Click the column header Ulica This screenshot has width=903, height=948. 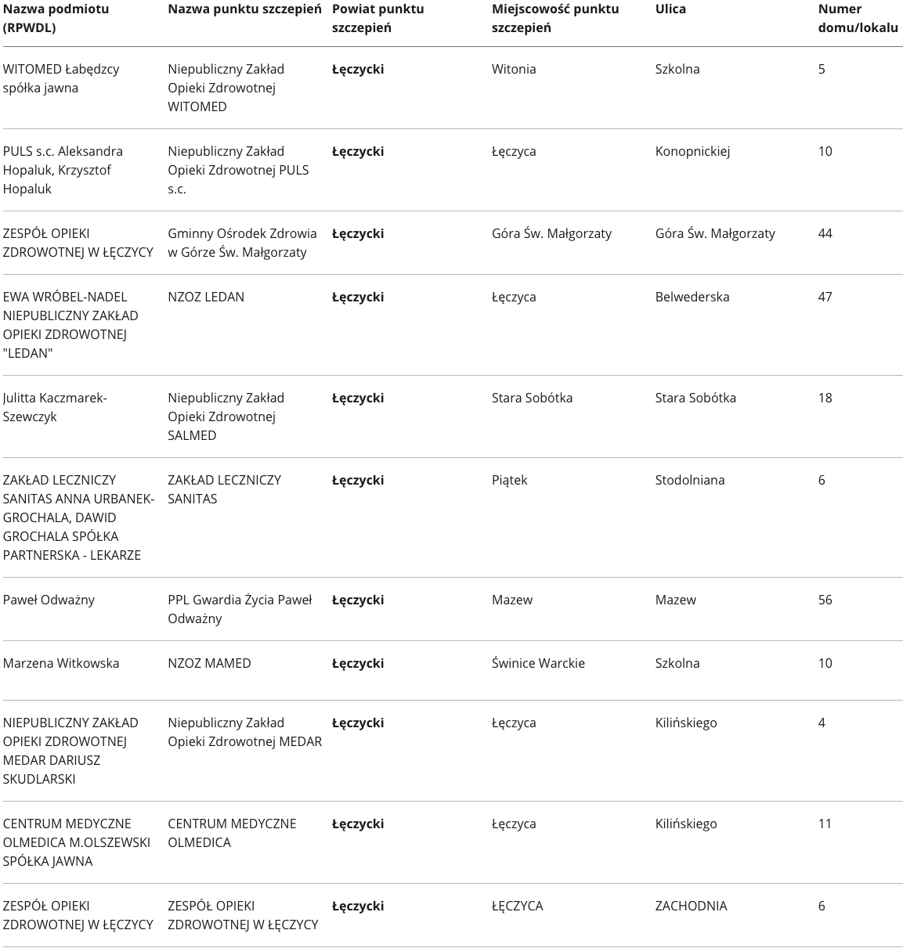(x=670, y=9)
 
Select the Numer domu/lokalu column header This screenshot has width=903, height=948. (x=858, y=19)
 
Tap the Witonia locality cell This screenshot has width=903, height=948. (x=514, y=69)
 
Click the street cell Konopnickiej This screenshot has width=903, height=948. (x=692, y=151)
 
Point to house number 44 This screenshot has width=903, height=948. (x=825, y=233)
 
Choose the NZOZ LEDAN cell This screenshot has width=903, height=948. (x=206, y=297)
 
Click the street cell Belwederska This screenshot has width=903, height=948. (x=692, y=297)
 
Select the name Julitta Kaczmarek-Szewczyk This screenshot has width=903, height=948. (x=55, y=407)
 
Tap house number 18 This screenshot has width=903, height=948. (x=825, y=398)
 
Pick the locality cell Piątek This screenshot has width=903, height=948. (x=509, y=480)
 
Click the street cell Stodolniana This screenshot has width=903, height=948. (x=690, y=480)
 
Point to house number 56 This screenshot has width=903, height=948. (x=825, y=600)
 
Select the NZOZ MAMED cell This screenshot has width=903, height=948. (x=209, y=663)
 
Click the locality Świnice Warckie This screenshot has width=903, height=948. (x=538, y=663)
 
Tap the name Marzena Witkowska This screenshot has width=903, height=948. (x=61, y=663)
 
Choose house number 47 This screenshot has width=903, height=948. (x=825, y=297)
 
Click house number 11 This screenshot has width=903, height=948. (x=825, y=824)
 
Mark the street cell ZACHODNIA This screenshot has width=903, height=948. (x=691, y=906)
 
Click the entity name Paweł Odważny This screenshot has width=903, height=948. (x=49, y=600)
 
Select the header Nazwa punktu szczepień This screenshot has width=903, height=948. (x=244, y=9)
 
